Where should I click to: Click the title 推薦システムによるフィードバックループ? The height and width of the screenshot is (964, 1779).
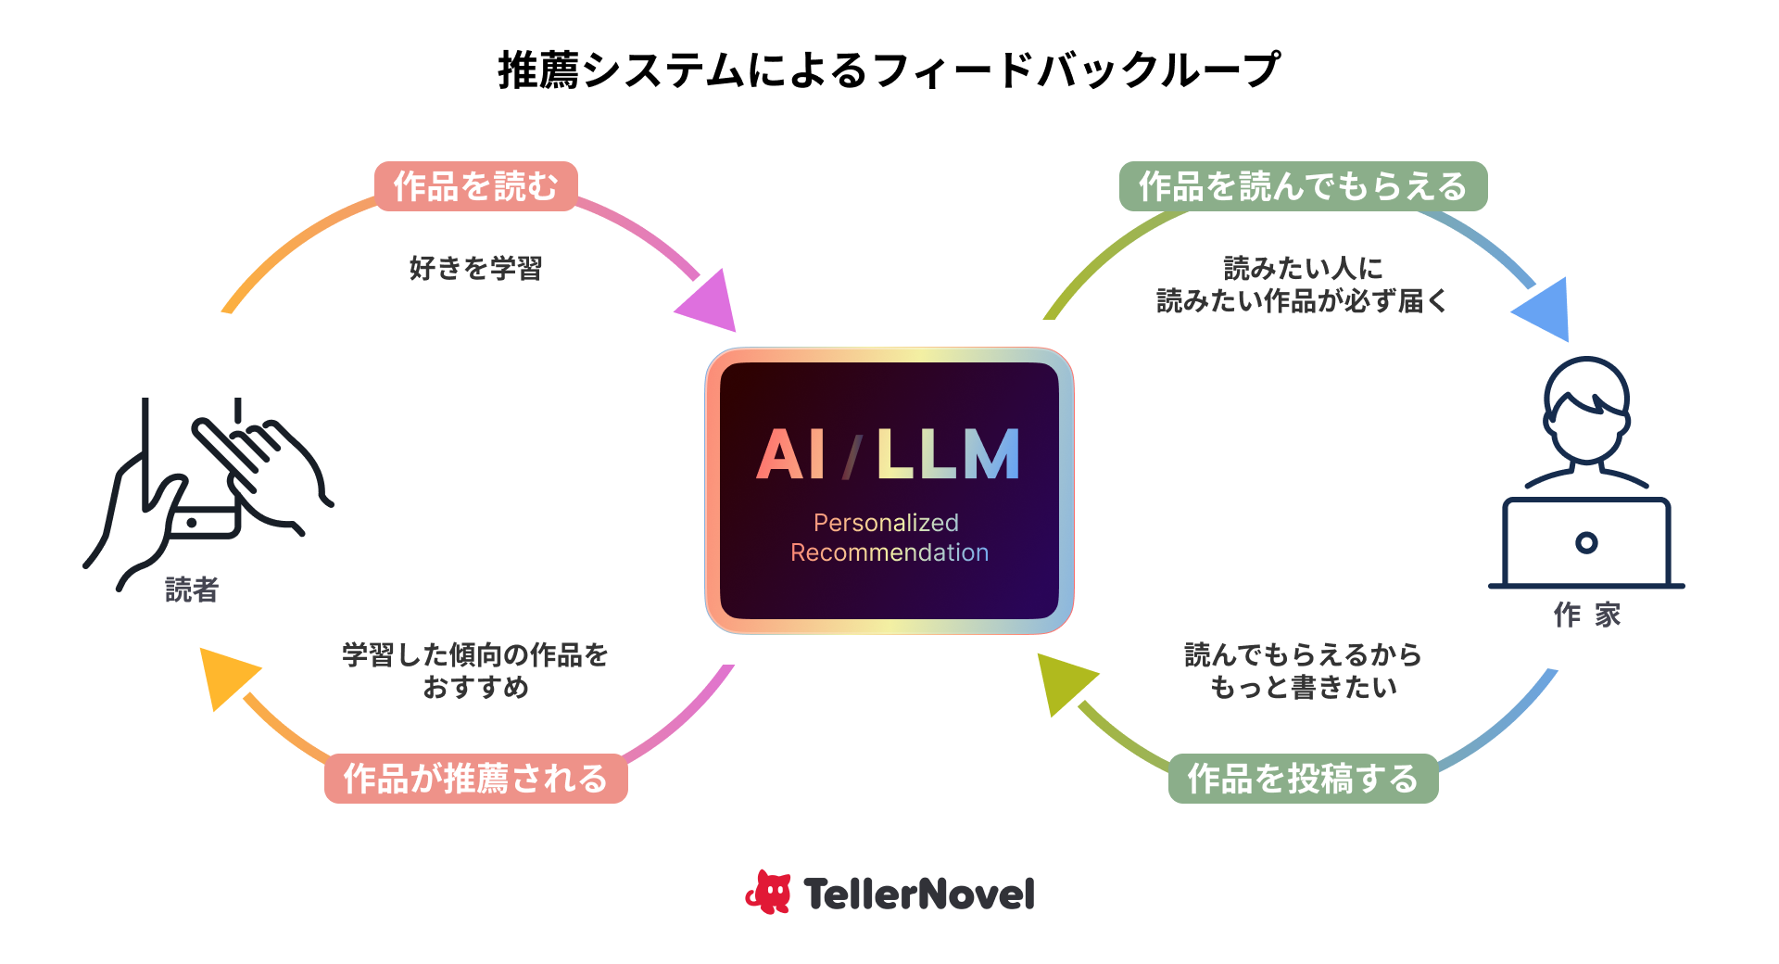pos(889,70)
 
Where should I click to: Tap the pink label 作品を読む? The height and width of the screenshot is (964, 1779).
pos(475,186)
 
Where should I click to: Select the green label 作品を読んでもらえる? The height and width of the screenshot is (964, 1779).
pos(1303,186)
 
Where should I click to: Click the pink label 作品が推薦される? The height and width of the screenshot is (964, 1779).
pos(475,779)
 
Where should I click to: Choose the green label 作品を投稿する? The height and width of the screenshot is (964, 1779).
pos(1303,779)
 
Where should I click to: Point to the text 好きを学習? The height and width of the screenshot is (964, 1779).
pos(475,269)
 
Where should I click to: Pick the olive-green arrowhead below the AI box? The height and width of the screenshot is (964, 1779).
pos(1064,681)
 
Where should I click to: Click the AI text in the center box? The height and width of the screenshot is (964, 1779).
pos(790,455)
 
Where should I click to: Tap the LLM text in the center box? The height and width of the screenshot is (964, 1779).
pos(947,455)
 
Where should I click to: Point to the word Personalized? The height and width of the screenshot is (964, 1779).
pos(886,523)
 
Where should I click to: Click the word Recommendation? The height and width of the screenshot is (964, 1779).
pos(889,552)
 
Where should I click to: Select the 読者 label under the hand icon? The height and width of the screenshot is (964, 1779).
pos(192,590)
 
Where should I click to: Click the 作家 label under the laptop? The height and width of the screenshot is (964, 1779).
pos(1586,615)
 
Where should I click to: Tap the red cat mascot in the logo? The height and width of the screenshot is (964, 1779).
pos(769,893)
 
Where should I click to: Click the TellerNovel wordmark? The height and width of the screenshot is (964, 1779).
pos(918,894)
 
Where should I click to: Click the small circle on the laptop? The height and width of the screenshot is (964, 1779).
pos(1586,542)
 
